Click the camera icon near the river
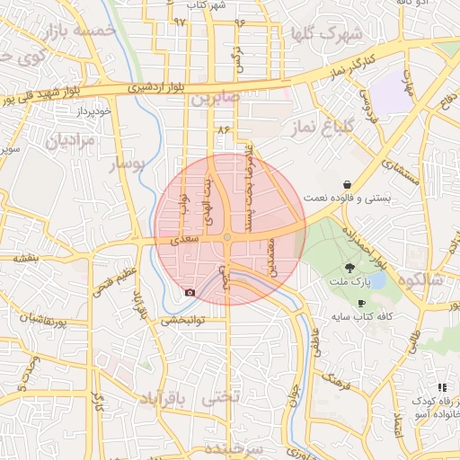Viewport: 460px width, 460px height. (189, 292)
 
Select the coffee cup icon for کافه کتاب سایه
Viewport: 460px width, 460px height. (361, 304)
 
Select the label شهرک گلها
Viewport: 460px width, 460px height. (325, 34)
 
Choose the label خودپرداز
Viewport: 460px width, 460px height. (93, 112)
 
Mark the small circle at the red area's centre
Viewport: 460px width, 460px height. (229, 237)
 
